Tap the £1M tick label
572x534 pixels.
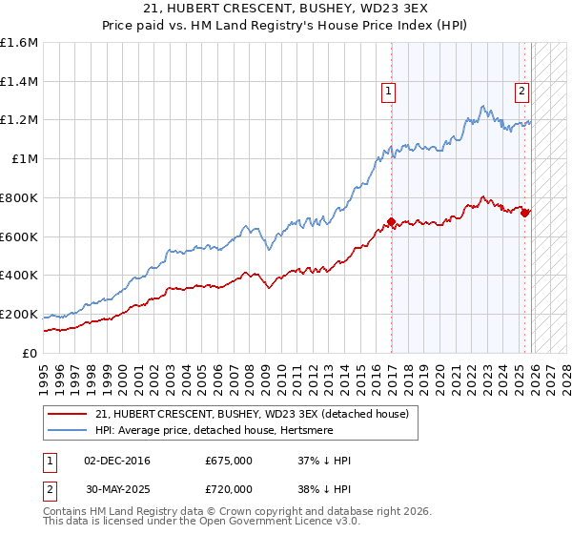(25, 159)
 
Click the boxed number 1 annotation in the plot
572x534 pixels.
(389, 92)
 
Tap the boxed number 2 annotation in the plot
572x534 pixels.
(522, 92)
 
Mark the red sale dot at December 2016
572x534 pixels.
(391, 222)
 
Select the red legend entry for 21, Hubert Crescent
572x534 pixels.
(252, 414)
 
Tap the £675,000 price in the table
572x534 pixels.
(228, 461)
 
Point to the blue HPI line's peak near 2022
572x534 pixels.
(484, 106)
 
